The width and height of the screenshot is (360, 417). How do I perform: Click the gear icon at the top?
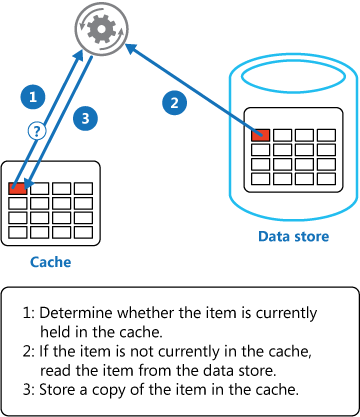(100, 28)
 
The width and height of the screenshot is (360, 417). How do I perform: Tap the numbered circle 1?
(34, 97)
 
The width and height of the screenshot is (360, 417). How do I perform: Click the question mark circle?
(36, 130)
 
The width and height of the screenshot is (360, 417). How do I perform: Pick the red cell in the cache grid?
(18, 187)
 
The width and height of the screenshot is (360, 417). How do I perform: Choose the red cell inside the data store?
(261, 134)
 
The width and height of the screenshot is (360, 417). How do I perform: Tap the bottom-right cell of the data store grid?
(326, 178)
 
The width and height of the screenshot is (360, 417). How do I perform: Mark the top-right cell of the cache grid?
(86, 187)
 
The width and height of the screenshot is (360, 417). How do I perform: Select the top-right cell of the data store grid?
(326, 134)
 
